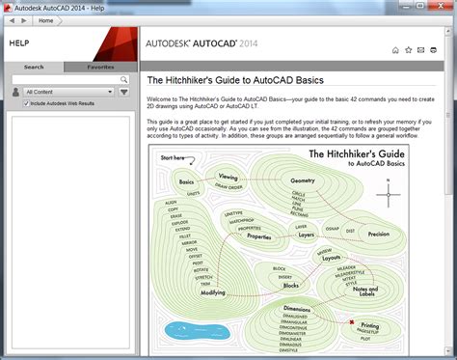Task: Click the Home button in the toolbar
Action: pyautogui.click(x=45, y=20)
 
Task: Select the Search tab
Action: pyautogui.click(x=34, y=68)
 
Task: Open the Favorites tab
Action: pyautogui.click(x=100, y=68)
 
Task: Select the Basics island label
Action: pyautogui.click(x=186, y=181)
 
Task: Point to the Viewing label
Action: pyautogui.click(x=228, y=177)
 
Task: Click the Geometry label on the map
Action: pyautogui.click(x=303, y=180)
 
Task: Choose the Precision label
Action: pyautogui.click(x=379, y=234)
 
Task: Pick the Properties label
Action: pyautogui.click(x=259, y=235)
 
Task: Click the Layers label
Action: pyautogui.click(x=307, y=234)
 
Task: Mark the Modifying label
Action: pyautogui.click(x=212, y=291)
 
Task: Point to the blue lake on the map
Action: pyautogui.click(x=182, y=330)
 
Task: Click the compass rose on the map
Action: pyautogui.click(x=389, y=192)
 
